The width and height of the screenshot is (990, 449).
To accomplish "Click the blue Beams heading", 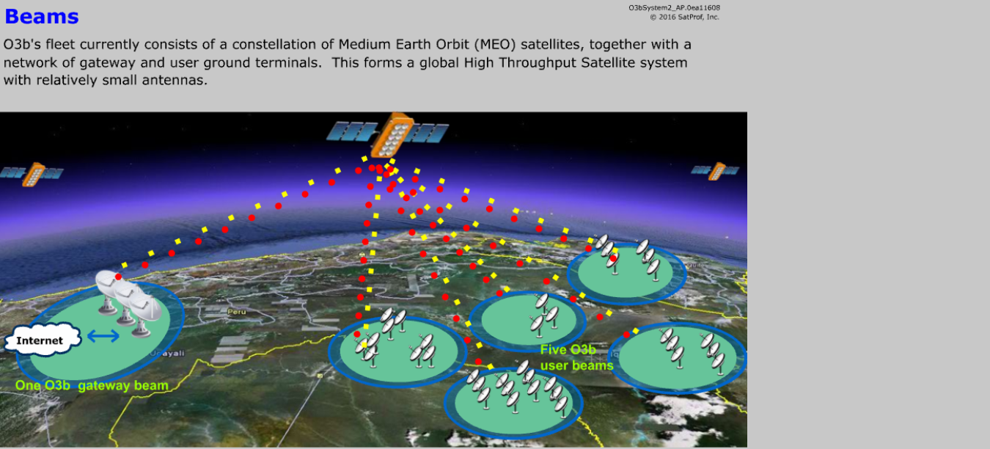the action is point(42,16).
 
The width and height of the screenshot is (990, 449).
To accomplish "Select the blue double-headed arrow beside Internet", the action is point(103,336).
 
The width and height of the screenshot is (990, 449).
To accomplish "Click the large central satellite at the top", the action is point(388,134).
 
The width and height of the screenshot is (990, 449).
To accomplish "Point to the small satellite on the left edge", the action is point(32,174).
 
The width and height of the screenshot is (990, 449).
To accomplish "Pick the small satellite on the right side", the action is point(715,171).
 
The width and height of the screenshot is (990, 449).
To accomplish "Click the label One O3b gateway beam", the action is point(92,385).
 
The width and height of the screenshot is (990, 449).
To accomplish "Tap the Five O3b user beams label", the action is point(576,357).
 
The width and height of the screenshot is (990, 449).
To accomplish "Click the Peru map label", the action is point(237,311).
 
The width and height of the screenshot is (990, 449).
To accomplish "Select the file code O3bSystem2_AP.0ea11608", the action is point(674,7).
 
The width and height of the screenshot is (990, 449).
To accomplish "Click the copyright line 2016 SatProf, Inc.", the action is point(685,18).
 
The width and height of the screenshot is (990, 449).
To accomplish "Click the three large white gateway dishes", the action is point(128,302).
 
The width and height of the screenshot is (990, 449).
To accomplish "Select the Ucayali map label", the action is point(167,353).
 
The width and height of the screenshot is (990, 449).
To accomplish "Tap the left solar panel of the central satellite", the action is point(352,131).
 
